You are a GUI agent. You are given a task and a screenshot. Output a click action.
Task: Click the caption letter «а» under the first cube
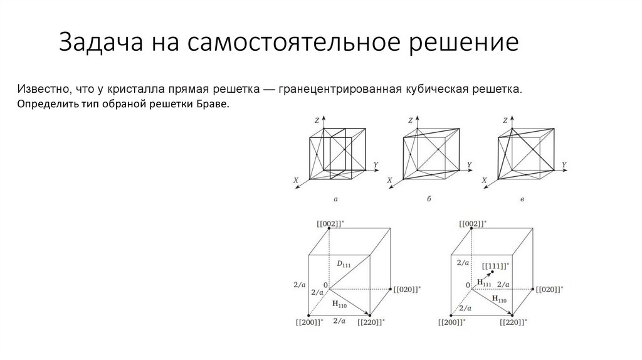(335, 198)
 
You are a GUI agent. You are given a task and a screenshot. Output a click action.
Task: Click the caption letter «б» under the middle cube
(429, 198)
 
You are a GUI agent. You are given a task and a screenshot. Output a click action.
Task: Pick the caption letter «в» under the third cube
(522, 198)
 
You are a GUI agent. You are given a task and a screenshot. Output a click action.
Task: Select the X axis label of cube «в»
(483, 181)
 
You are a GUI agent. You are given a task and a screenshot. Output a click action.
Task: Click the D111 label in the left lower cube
(344, 264)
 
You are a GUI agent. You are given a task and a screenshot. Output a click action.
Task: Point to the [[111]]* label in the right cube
(495, 266)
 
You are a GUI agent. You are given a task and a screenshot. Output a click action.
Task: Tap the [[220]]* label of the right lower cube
(513, 322)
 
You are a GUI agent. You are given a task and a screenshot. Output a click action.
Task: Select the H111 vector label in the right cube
(483, 283)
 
